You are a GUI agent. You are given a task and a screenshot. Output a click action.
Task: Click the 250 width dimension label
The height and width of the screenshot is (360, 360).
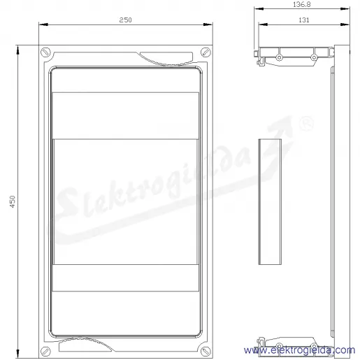pyautogui.click(x=125, y=20)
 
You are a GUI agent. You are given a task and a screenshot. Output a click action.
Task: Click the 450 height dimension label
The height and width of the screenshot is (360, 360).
pyautogui.click(x=13, y=202)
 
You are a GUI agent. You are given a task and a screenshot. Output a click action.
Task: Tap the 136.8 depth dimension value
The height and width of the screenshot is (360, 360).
pyautogui.click(x=302, y=4)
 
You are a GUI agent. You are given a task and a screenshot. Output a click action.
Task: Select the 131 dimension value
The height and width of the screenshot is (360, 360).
pyautogui.click(x=304, y=20)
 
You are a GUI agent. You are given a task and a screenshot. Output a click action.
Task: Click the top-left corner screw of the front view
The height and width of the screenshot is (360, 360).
pyautogui.click(x=45, y=52)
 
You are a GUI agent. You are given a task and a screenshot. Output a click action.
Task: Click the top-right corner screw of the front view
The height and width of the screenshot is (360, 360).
pyautogui.click(x=206, y=52)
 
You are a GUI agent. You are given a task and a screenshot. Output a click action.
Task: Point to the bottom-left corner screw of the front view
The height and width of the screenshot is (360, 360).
pyautogui.click(x=45, y=351)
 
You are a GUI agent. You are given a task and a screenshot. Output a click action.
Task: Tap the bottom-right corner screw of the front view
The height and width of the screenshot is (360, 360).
pyautogui.click(x=206, y=351)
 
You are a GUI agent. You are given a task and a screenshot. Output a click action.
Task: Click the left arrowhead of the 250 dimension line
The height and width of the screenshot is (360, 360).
pyautogui.click(x=43, y=24)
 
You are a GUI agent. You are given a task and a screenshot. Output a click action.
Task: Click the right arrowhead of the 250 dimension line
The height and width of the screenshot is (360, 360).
pyautogui.click(x=208, y=24)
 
